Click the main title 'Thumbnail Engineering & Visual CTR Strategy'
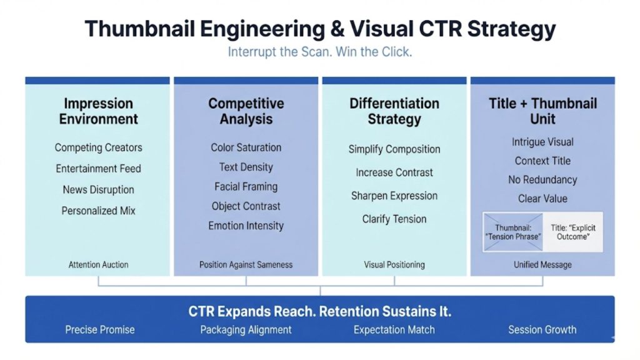[320, 29]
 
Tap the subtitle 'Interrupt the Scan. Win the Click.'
[320, 52]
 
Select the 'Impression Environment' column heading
[98, 111]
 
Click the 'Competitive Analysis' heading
[246, 111]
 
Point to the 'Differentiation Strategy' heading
[394, 111]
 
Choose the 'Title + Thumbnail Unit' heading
[542, 111]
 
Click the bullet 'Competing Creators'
[98, 147]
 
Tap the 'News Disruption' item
[98, 189]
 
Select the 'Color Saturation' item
[246, 147]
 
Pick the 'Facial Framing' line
[246, 186]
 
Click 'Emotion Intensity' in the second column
[246, 226]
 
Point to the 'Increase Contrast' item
[394, 172]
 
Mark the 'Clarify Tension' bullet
[394, 219]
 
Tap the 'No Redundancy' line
[542, 180]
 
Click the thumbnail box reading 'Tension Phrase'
[512, 232]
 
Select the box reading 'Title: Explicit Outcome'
[573, 232]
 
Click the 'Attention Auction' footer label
[98, 264]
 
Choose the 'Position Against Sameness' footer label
[246, 264]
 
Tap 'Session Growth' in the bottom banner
[542, 329]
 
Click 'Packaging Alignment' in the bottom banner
[246, 329]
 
